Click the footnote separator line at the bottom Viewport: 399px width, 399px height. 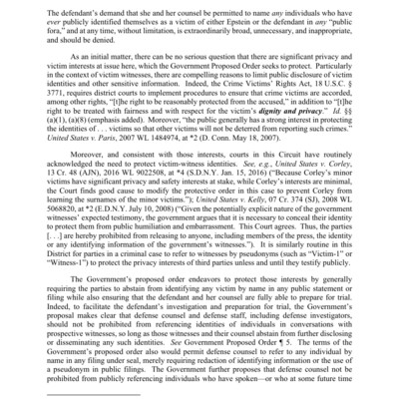pyautogui.click(x=95, y=395)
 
